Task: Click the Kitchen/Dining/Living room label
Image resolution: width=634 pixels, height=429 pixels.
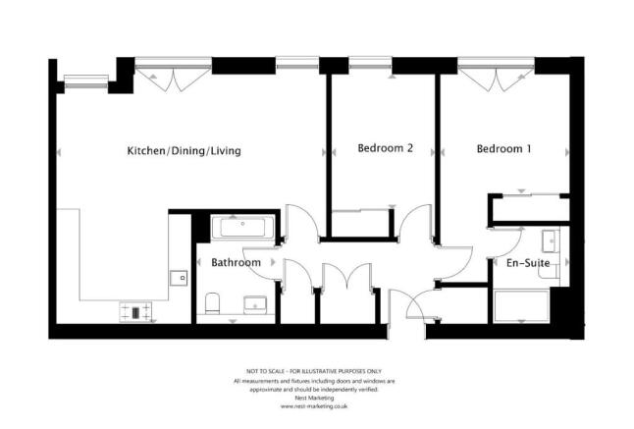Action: click(184, 151)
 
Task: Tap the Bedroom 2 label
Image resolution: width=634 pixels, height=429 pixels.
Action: click(385, 149)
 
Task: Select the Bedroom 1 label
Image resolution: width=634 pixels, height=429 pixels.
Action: click(503, 149)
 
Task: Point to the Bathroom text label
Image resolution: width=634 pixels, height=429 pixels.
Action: click(236, 263)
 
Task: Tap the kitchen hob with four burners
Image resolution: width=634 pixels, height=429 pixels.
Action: click(134, 311)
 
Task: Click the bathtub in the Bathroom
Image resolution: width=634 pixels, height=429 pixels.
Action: click(243, 229)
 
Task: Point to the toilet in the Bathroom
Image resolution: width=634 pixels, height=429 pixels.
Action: click(212, 303)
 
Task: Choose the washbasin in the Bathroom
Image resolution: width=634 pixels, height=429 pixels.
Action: click(254, 303)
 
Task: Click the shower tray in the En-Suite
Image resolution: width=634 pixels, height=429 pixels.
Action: click(522, 306)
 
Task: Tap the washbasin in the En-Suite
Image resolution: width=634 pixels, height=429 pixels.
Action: click(551, 240)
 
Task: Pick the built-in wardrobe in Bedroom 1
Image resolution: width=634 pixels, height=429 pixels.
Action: click(529, 208)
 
